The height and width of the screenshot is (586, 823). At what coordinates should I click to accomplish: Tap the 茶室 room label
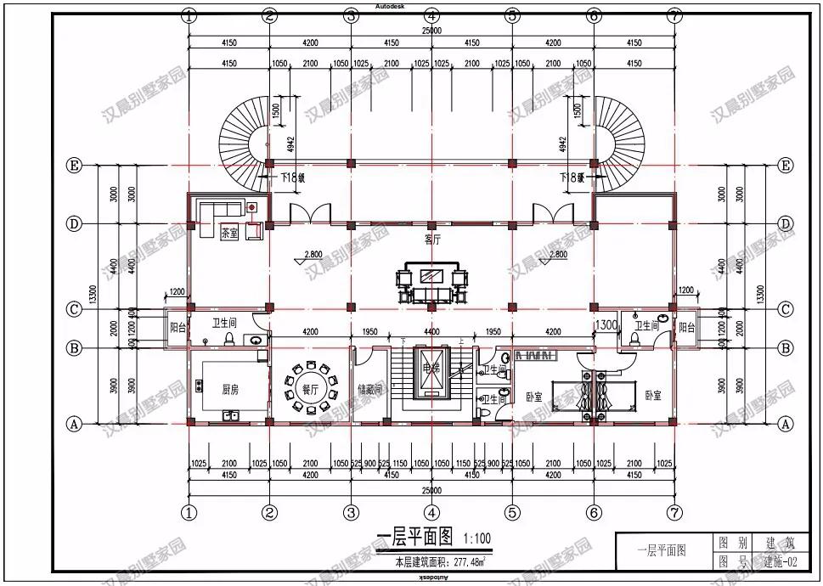229,232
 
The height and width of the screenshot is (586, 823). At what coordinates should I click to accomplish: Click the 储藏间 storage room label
371,390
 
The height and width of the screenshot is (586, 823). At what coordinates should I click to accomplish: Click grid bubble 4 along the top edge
431,15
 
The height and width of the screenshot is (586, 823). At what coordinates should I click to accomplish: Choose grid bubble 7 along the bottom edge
674,512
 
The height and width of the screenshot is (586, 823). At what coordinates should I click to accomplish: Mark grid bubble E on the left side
75,166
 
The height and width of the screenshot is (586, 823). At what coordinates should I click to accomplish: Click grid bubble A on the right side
786,423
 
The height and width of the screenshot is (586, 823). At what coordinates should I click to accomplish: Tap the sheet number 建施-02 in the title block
780,561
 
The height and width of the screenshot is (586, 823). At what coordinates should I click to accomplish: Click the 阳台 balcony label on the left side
178,329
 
